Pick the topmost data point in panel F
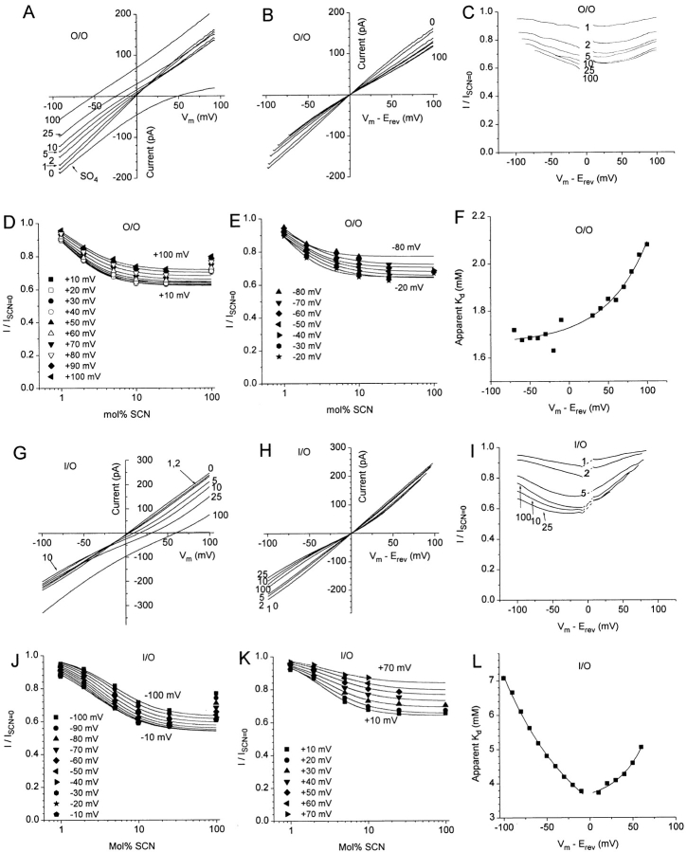646,245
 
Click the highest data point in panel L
504,679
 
